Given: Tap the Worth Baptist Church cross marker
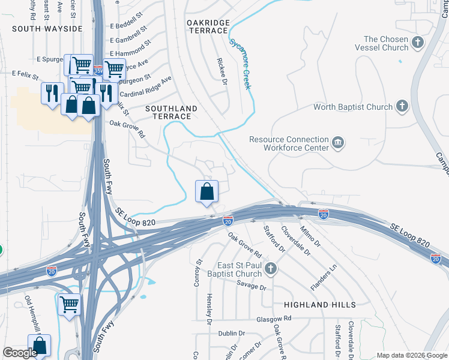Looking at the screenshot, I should pyautogui.click(x=402, y=107).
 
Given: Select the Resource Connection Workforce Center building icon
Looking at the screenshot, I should pyautogui.click(x=338, y=143).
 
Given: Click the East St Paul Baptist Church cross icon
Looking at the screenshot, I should pyautogui.click(x=270, y=269).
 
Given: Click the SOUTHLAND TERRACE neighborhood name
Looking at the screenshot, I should pyautogui.click(x=172, y=112).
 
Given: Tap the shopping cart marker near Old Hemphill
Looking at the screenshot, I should pyautogui.click(x=70, y=305).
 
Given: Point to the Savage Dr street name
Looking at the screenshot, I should pyautogui.click(x=251, y=287).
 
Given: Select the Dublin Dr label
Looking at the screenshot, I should pyautogui.click(x=232, y=333).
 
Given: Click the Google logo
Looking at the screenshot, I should pyautogui.click(x=20, y=352).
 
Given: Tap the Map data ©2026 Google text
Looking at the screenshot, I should pyautogui.click(x=412, y=355).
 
